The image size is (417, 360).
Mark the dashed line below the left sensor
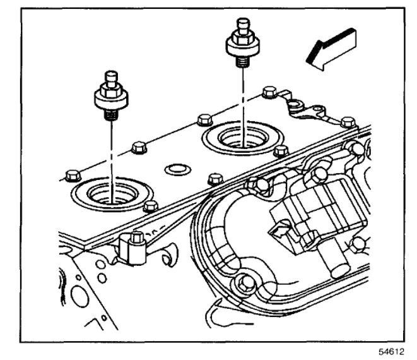pos(110,152)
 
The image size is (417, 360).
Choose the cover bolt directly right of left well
pos(150,206)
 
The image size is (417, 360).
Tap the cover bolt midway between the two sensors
pos(203,119)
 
